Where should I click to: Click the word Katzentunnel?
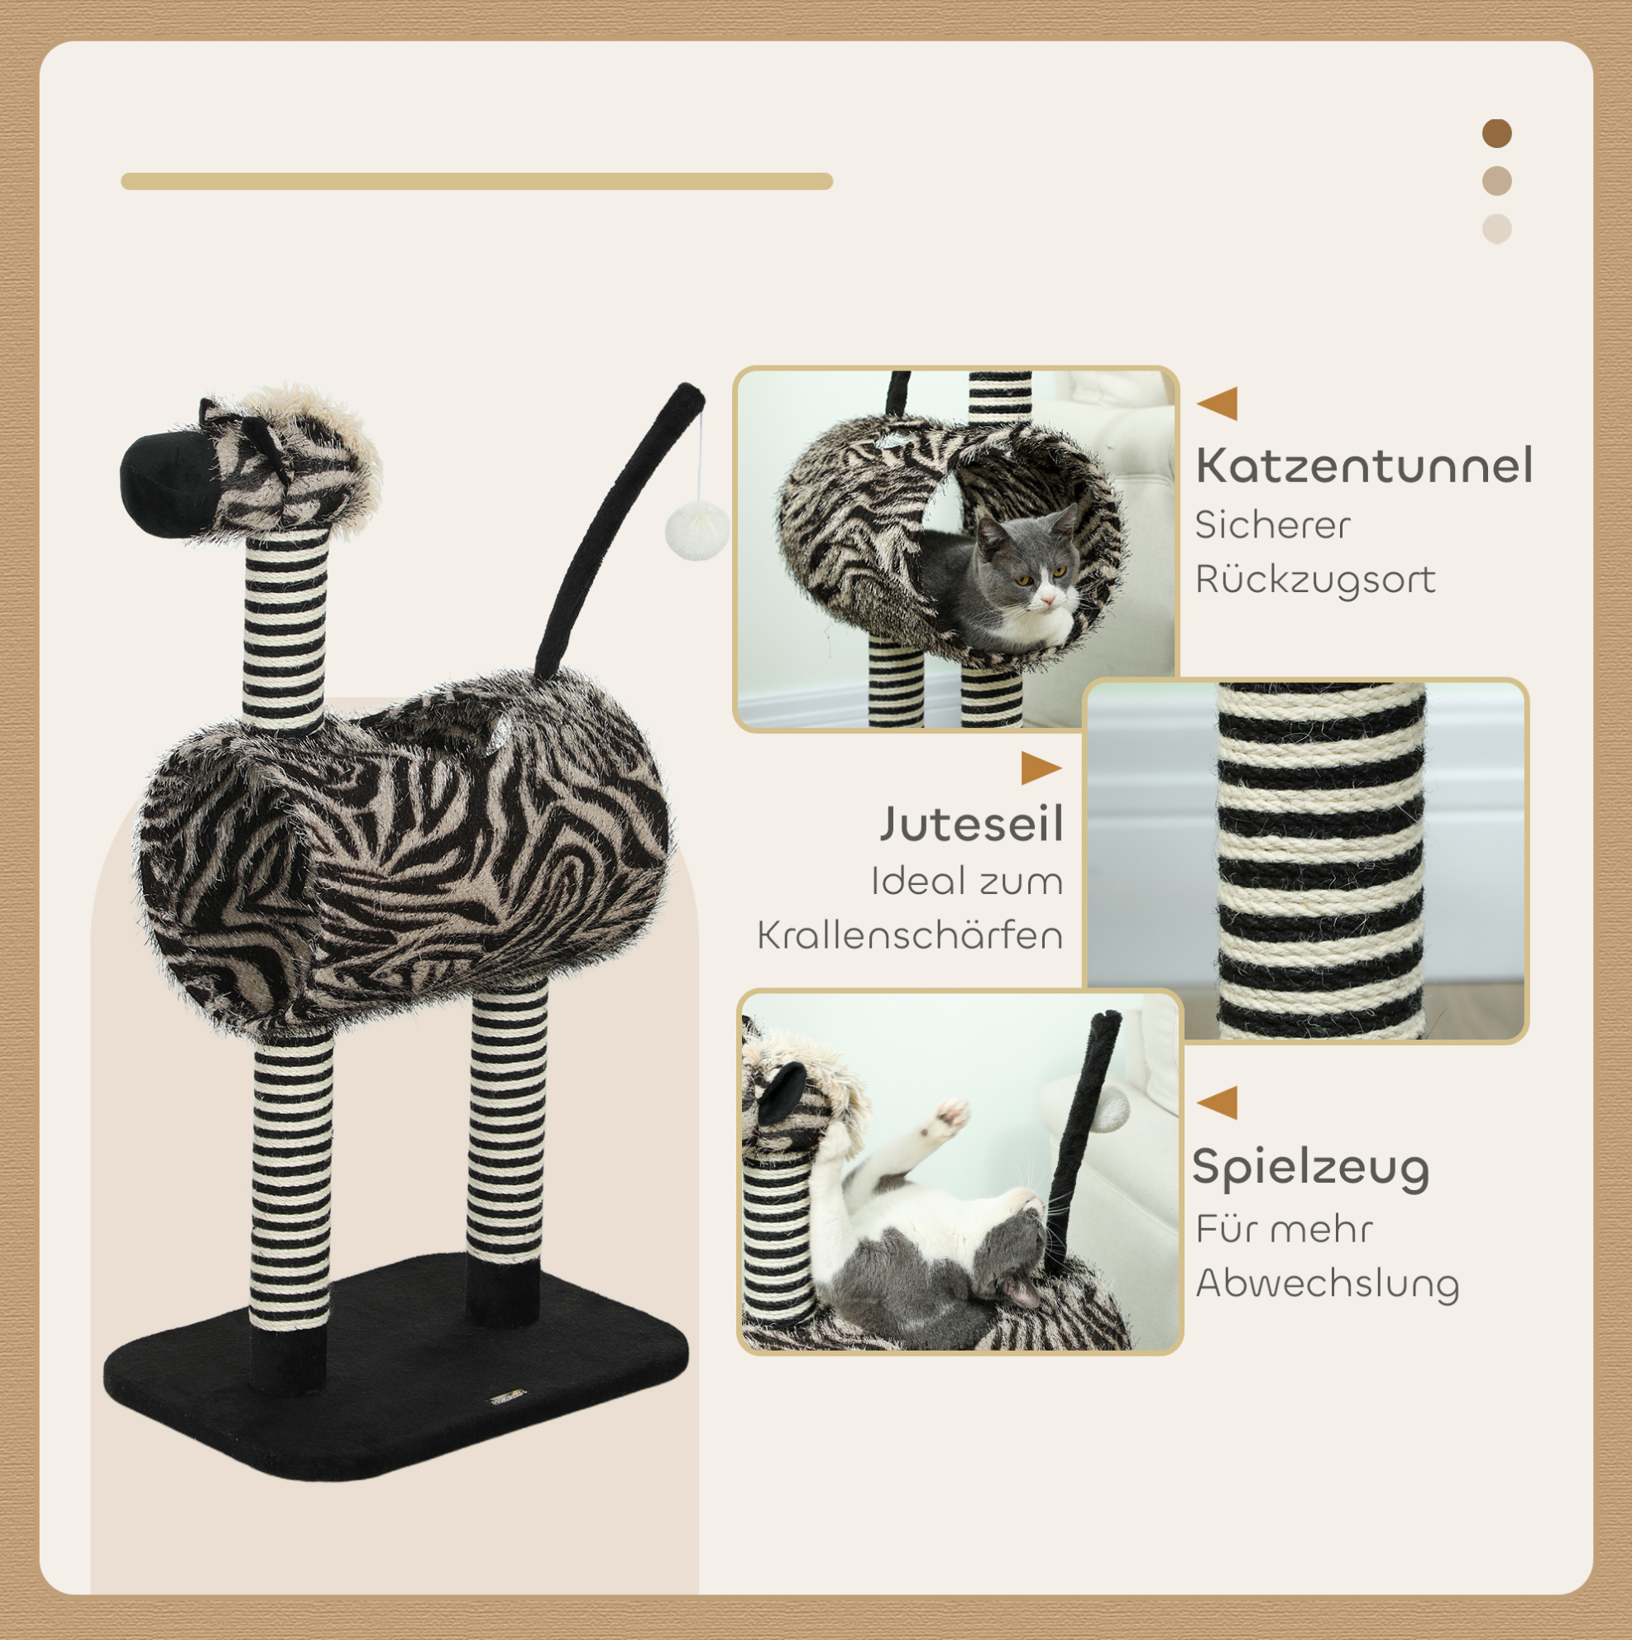pyautogui.click(x=1364, y=466)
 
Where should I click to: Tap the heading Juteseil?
pyautogui.click(x=971, y=825)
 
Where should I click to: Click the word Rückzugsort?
pyautogui.click(x=1315, y=580)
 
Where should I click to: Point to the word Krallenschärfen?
pyautogui.click(x=910, y=935)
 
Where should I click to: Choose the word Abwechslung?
pyautogui.click(x=1327, y=1284)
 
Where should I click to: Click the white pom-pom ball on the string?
pyautogui.click(x=696, y=529)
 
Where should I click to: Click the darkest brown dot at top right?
pyautogui.click(x=1496, y=133)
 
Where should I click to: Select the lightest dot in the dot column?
pyautogui.click(x=1496, y=229)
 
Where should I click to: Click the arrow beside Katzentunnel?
pyautogui.click(x=1218, y=404)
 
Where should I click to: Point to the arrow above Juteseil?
pyautogui.click(x=1041, y=768)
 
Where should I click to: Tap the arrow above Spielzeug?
pyautogui.click(x=1218, y=1102)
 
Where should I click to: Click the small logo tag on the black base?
pyautogui.click(x=509, y=1396)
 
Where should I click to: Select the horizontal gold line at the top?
pyautogui.click(x=476, y=182)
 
